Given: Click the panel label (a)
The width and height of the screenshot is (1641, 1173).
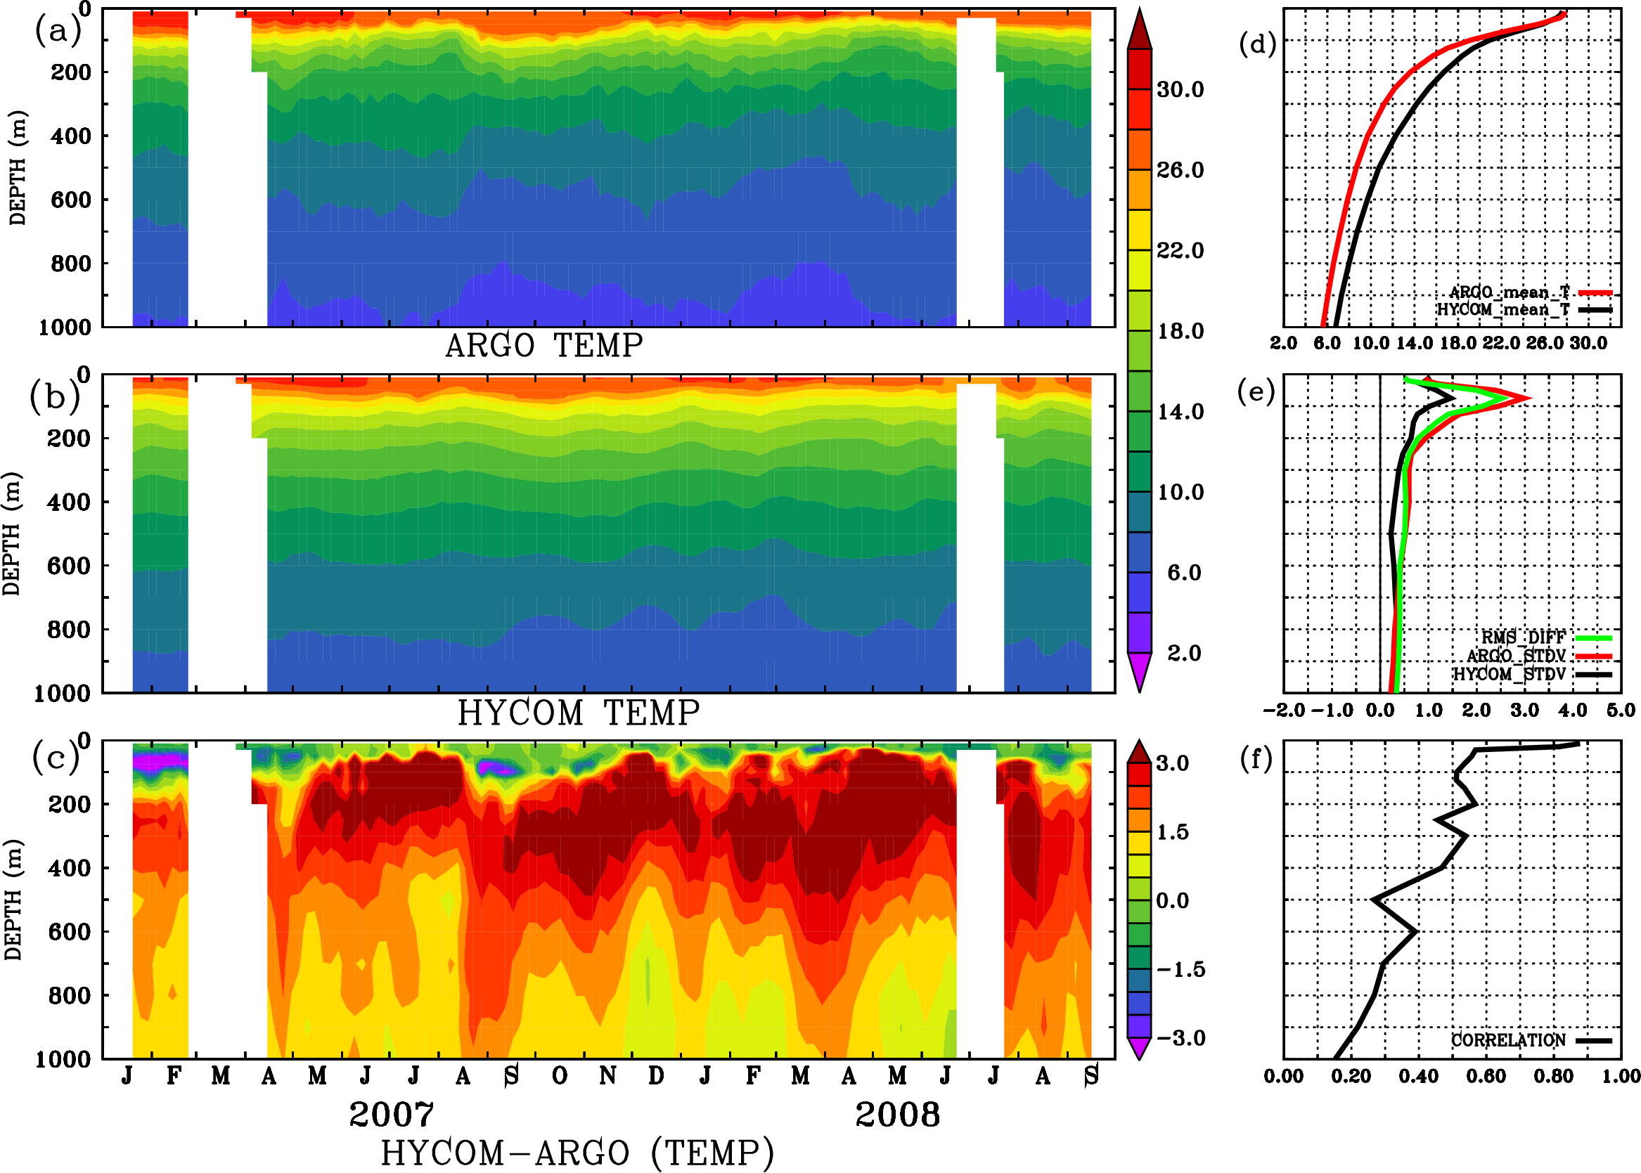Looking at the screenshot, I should coord(58,32).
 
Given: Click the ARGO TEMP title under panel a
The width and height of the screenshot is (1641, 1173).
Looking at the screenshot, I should coord(543,346).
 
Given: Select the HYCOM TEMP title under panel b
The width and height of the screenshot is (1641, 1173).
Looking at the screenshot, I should coord(579,713).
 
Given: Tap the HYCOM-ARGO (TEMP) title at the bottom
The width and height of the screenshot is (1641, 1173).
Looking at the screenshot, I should coord(577,1153).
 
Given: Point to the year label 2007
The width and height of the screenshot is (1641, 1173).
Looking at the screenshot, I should coord(392,1115).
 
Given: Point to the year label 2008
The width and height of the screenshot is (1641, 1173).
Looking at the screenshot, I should coord(897,1115).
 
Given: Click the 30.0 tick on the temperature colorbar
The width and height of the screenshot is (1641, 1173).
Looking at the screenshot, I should coord(1180,89).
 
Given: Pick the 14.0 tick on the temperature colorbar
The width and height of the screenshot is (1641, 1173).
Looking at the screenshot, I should coord(1180,412).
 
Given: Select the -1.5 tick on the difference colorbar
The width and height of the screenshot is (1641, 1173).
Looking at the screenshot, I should coord(1180,969).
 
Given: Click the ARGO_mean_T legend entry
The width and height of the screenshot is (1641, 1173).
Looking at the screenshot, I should coord(1510,292).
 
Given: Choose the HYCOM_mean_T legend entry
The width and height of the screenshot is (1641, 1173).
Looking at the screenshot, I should coord(1503,310).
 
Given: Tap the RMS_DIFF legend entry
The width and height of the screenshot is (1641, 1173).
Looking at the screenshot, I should coord(1523,637).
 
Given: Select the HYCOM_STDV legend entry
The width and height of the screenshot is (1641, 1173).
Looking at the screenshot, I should coord(1510,674).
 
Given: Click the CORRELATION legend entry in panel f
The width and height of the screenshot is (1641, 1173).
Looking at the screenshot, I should coord(1509,1040).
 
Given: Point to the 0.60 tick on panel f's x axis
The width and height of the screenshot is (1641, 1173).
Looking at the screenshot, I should coord(1486,1076).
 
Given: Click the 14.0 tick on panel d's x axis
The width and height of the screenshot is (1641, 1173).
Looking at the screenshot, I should coord(1413,343).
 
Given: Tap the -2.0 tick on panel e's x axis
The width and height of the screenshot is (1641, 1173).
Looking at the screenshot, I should coord(1283,711).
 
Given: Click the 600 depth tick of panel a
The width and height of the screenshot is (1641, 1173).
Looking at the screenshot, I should coord(71,200).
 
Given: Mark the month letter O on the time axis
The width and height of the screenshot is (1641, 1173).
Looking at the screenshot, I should coord(559,1076).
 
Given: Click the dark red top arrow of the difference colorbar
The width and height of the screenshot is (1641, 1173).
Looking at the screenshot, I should coord(1140,753).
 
